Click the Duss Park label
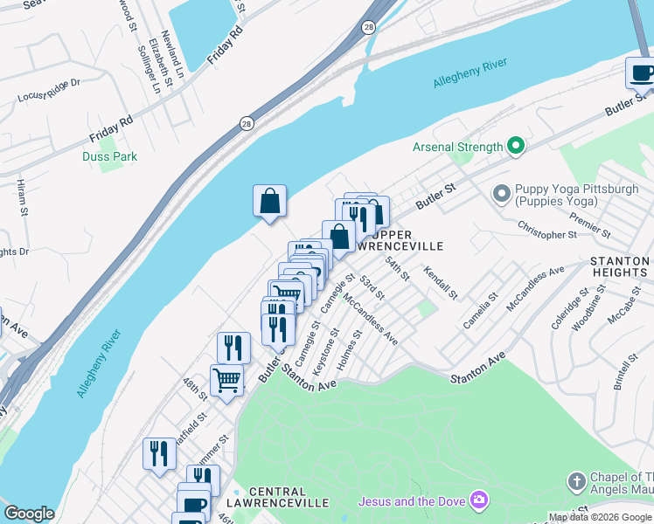[109, 156]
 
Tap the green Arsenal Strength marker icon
[516, 147]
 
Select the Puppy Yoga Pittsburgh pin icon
[502, 192]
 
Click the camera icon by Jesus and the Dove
[478, 500]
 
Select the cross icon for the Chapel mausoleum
[575, 481]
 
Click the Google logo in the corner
[29, 514]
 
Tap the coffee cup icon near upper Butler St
[642, 73]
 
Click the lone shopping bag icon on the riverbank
[270, 201]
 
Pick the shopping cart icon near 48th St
[226, 381]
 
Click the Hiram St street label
[22, 197]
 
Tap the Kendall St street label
[440, 282]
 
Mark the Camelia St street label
[480, 310]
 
